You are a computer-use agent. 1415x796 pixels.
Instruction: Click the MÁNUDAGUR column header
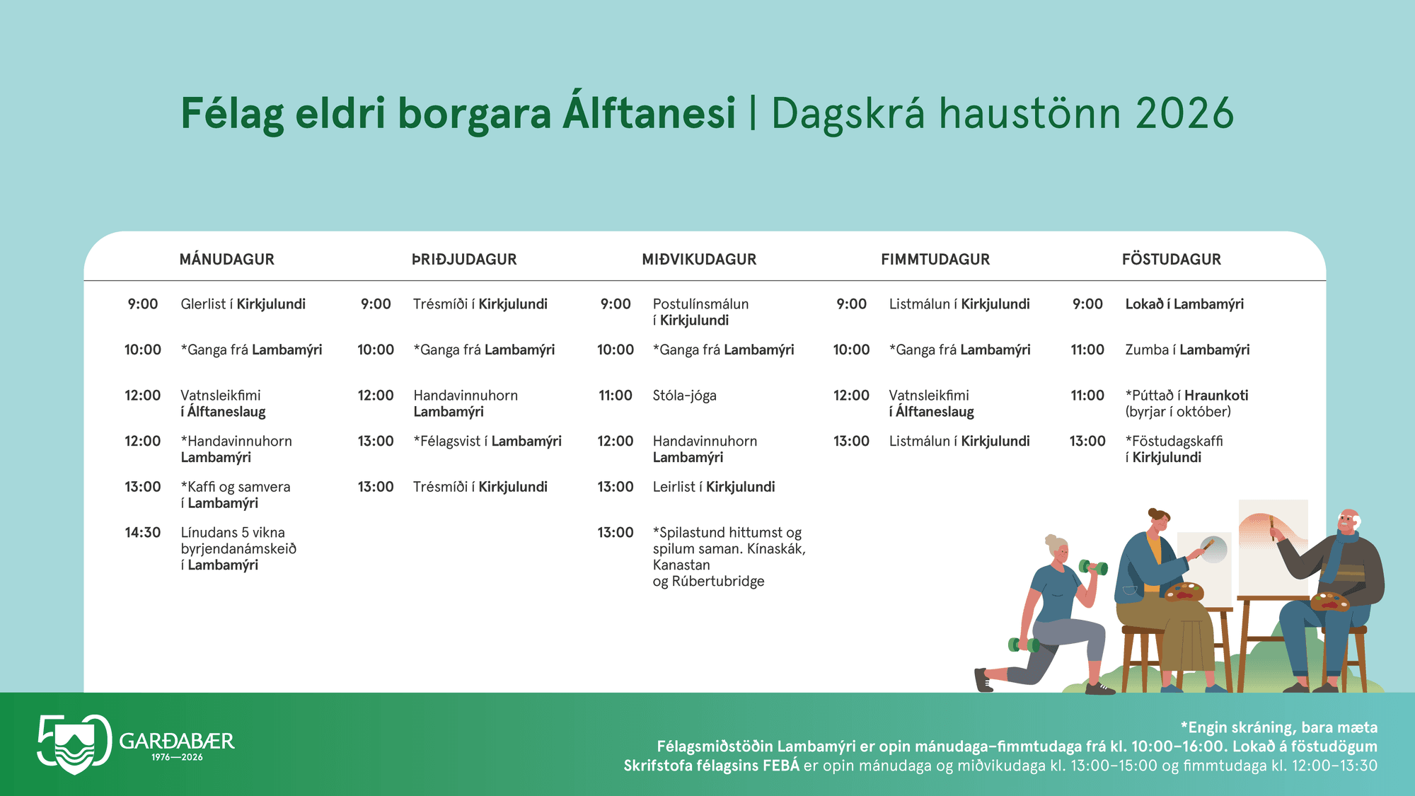pyautogui.click(x=226, y=259)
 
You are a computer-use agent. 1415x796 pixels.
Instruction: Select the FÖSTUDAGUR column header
pyautogui.click(x=1172, y=259)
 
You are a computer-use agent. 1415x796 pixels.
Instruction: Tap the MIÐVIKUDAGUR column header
pyautogui.click(x=699, y=259)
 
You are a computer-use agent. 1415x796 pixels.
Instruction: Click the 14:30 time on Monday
pyautogui.click(x=143, y=532)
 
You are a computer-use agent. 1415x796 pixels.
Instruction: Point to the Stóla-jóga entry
pyautogui.click(x=684, y=396)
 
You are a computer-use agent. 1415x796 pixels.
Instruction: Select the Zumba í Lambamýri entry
pyautogui.click(x=1187, y=350)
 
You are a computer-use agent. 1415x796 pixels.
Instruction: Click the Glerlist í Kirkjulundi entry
pyautogui.click(x=243, y=304)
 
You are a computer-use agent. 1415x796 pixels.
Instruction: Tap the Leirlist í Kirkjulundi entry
pyautogui.click(x=713, y=487)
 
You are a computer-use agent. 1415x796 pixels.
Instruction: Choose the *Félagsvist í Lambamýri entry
pyautogui.click(x=487, y=441)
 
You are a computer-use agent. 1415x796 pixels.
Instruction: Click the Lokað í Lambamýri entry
pyautogui.click(x=1184, y=304)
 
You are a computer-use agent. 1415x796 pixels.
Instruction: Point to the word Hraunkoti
pyautogui.click(x=1216, y=395)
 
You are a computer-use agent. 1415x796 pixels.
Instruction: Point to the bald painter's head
pyautogui.click(x=1348, y=524)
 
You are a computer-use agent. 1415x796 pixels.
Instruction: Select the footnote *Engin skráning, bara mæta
pyautogui.click(x=1278, y=727)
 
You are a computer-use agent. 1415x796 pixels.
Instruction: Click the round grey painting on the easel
pyautogui.click(x=1214, y=549)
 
